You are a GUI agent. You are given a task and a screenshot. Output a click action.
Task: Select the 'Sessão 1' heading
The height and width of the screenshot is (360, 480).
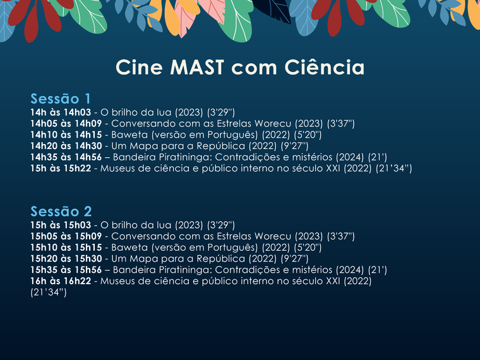coord(61,99)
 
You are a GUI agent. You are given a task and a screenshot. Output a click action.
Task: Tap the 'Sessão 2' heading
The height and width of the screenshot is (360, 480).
coord(61,211)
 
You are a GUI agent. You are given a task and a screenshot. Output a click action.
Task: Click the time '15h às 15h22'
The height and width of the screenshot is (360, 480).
coord(60,169)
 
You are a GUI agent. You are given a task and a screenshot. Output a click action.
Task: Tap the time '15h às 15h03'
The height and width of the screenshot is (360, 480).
coord(60,224)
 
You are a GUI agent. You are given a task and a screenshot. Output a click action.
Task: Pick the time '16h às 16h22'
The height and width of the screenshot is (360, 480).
coord(60,281)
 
